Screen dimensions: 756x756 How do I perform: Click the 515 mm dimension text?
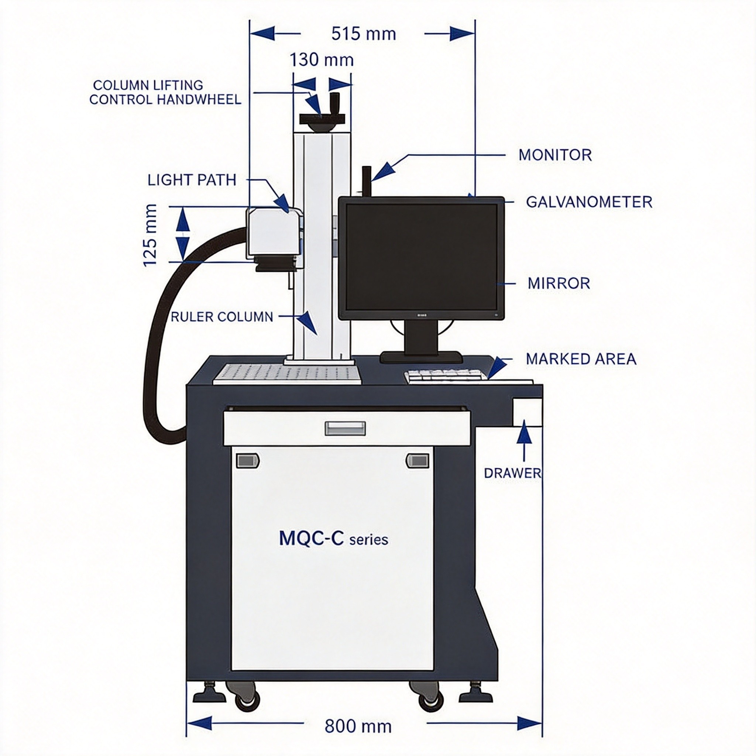[x=364, y=34]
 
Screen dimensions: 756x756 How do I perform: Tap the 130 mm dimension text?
[x=321, y=60]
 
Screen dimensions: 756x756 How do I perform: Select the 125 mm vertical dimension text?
[x=150, y=235]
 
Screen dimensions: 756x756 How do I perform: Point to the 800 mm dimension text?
[x=358, y=726]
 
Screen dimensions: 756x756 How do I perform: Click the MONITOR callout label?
[x=555, y=155]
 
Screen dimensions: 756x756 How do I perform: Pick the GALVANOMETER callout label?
[x=589, y=202]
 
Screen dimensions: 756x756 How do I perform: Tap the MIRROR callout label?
[x=559, y=283]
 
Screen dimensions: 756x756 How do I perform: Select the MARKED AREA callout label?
[x=581, y=359]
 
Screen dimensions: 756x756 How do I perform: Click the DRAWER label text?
[x=513, y=473]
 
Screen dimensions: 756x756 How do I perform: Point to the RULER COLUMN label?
[x=222, y=317]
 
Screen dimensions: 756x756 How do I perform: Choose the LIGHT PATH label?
[x=192, y=180]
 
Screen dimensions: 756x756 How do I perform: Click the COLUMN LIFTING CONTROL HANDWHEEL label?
[x=165, y=92]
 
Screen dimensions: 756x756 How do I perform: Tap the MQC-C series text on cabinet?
[x=333, y=539]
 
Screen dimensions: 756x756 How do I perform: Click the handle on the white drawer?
[x=345, y=428]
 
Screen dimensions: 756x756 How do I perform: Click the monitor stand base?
[x=421, y=357]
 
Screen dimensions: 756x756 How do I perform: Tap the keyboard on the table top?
[x=446, y=377]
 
